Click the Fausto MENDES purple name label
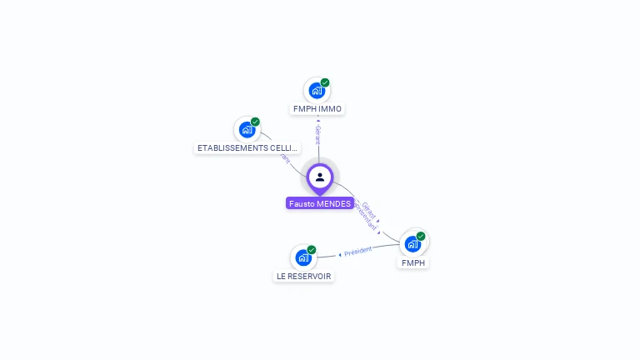[319, 203]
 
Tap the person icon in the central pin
[320, 177]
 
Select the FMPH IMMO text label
[317, 109]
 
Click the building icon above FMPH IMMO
[317, 90]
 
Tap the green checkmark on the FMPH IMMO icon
[325, 82]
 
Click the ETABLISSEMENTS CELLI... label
[247, 148]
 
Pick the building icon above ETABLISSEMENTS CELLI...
[247, 129]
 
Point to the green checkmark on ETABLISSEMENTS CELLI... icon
[255, 122]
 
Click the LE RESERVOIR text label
[303, 277]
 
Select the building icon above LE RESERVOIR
[303, 257]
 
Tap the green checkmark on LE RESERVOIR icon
[312, 250]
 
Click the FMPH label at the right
[413, 263]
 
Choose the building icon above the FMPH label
[412, 243]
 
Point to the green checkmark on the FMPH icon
[421, 236]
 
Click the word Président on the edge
[358, 251]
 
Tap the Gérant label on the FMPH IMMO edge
[317, 135]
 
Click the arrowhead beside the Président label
[340, 254]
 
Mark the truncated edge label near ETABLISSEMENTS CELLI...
[285, 157]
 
